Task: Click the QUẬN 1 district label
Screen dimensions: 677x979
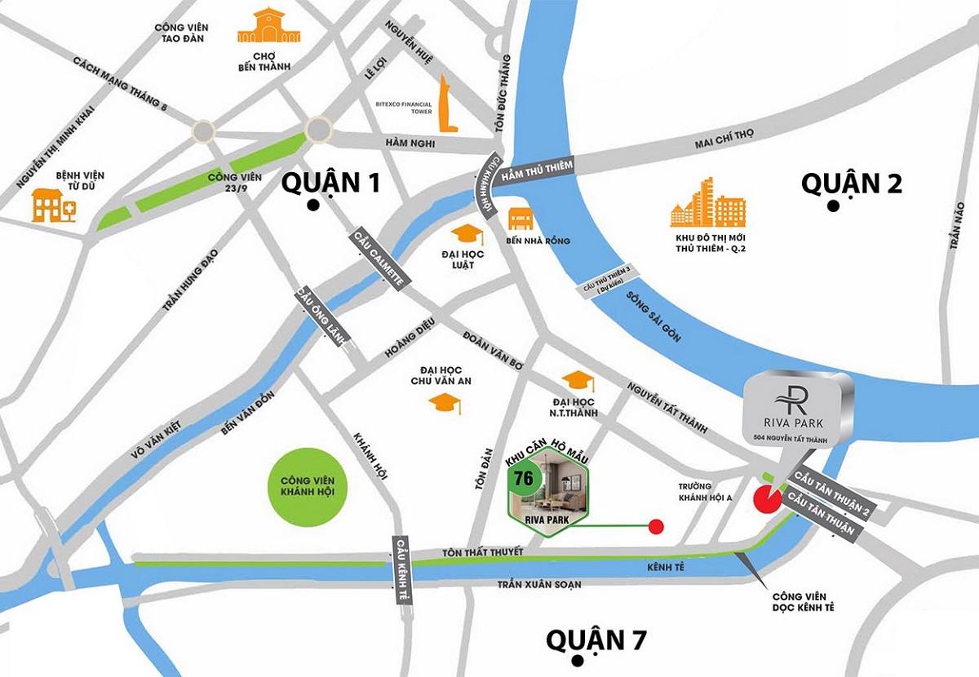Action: click(x=330, y=184)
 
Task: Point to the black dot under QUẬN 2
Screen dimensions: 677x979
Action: click(x=832, y=206)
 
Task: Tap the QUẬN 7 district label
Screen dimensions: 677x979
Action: click(x=596, y=639)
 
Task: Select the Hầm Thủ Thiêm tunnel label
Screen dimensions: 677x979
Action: click(x=538, y=169)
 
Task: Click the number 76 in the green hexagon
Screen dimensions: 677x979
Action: click(x=524, y=478)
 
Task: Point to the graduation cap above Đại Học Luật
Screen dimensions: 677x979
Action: click(x=467, y=235)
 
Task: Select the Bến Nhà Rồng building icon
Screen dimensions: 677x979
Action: click(x=521, y=218)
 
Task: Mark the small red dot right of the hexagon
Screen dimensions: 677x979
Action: click(x=655, y=527)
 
